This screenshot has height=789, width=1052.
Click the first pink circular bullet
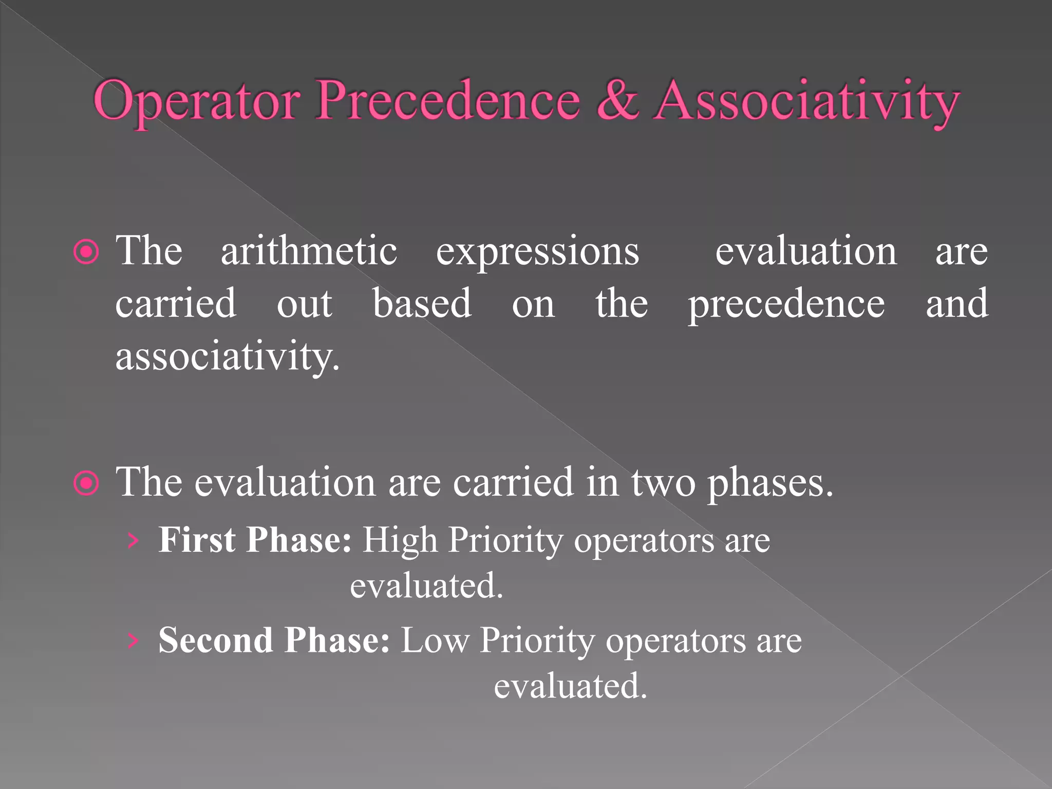click(86, 252)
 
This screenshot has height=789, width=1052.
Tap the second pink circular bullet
click(86, 483)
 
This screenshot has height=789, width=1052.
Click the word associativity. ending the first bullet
click(228, 357)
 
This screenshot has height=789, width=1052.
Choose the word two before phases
click(663, 483)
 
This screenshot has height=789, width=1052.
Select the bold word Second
click(215, 640)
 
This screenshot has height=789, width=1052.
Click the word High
click(400, 541)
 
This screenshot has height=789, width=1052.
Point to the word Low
click(435, 641)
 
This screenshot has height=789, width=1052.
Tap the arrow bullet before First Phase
click(133, 540)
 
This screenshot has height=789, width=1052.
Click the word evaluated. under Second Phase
click(570, 686)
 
